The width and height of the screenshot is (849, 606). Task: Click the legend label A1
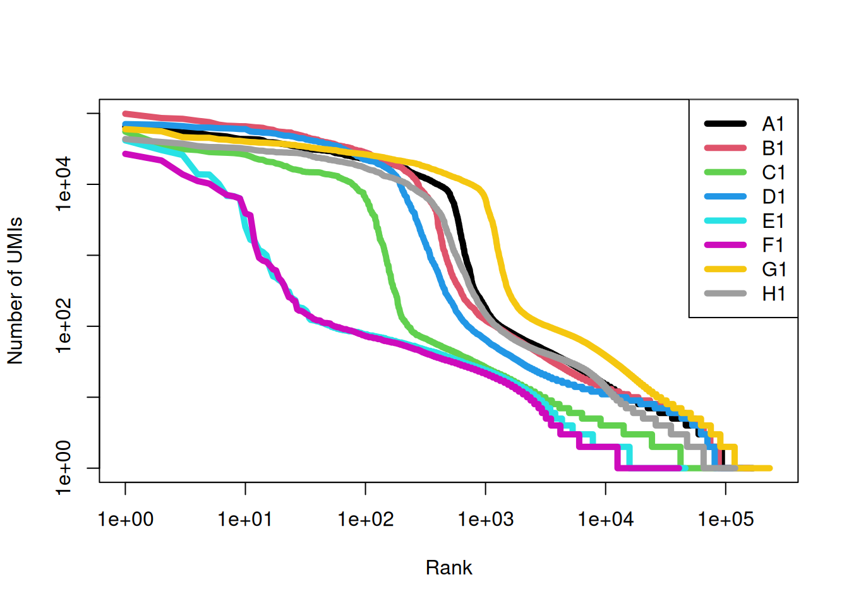click(773, 124)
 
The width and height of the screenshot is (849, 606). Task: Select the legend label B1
click(773, 148)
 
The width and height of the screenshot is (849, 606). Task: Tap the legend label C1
click(773, 172)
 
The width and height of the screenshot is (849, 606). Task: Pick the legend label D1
click(773, 197)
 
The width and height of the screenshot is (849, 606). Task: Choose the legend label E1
click(773, 221)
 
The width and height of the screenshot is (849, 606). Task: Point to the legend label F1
click(773, 245)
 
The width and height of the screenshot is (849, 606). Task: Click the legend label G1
click(773, 270)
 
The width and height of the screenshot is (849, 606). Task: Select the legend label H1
click(773, 294)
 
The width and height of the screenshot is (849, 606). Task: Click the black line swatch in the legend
click(725, 124)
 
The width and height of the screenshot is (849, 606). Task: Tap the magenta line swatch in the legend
click(725, 245)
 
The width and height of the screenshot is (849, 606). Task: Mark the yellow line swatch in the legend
click(725, 270)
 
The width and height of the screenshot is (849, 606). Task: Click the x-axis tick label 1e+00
click(125, 520)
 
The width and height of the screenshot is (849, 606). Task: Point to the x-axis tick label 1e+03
click(485, 520)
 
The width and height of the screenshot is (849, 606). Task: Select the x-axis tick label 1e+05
click(725, 520)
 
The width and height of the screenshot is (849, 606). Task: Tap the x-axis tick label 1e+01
click(245, 520)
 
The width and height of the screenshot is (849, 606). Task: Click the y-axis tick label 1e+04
click(64, 184)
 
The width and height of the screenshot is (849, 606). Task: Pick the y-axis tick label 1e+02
click(64, 326)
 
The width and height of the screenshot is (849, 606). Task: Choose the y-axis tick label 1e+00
click(64, 468)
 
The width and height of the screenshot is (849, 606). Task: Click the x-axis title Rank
click(449, 567)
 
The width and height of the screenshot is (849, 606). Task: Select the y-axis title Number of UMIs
click(15, 291)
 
